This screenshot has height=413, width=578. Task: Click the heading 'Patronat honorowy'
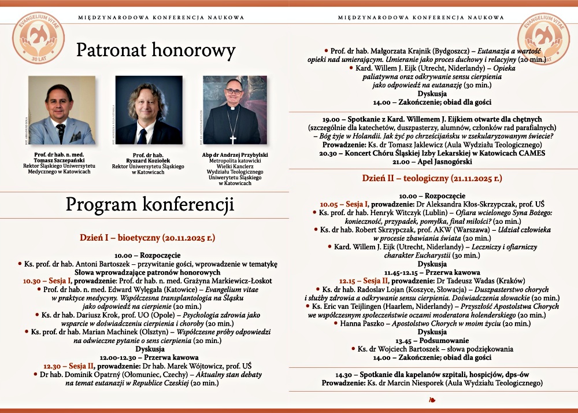[156, 51]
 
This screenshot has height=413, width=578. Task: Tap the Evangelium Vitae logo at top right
[543, 38]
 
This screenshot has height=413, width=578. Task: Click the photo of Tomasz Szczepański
[62, 110]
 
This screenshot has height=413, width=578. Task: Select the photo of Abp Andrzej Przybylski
[235, 110]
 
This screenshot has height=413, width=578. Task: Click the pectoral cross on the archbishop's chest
[234, 139]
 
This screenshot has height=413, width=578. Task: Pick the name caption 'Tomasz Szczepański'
[62, 160]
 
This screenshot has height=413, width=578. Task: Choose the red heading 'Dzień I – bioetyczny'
[147, 237]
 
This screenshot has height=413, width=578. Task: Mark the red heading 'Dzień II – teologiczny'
[432, 178]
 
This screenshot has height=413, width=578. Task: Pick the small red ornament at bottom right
[432, 399]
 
